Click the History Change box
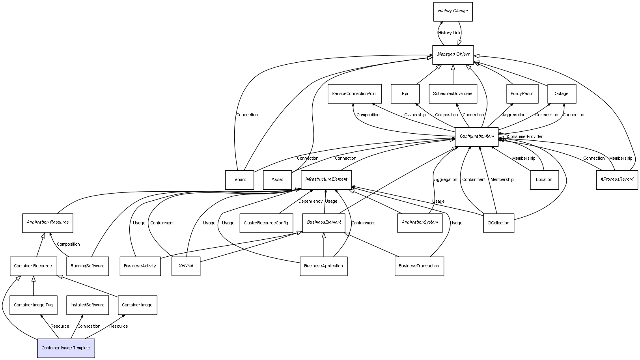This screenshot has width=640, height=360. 453,11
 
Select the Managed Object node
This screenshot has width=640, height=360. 453,54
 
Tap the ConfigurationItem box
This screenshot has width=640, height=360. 476,136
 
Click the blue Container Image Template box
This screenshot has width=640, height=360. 66,348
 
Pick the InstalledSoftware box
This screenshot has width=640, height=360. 87,305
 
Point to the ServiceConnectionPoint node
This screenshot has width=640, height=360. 354,94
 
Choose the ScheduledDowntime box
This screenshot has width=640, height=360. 452,94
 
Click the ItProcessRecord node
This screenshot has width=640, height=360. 617,179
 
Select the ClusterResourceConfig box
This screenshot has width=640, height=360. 266,223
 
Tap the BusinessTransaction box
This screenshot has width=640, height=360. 419,266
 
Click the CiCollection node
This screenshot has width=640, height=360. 498,223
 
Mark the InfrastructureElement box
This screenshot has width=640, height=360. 326,179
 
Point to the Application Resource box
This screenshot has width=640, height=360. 48,222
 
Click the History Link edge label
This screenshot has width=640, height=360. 449,33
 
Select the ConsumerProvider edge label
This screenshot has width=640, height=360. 525,137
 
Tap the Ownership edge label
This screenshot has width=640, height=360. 415,115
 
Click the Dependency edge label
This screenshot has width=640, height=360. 310,201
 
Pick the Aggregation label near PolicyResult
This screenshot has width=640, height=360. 514,115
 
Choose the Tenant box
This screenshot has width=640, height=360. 239,180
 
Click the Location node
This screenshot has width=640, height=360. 544,180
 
